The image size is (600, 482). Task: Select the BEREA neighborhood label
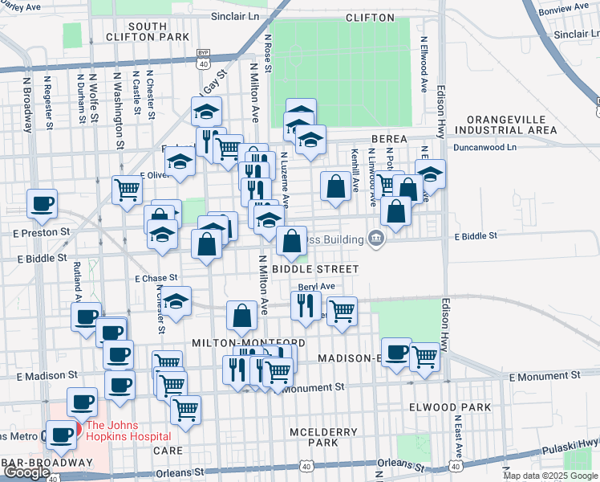click(x=390, y=139)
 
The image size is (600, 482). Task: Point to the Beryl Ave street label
click(x=316, y=286)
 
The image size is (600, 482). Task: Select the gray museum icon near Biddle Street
click(x=375, y=237)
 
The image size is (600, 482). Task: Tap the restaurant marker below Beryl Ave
click(x=306, y=306)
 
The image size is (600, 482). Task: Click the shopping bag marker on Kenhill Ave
click(x=334, y=186)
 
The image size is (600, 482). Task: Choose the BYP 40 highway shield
click(x=203, y=59)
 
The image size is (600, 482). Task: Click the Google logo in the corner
click(x=26, y=472)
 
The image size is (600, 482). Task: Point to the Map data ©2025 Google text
click(x=550, y=476)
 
